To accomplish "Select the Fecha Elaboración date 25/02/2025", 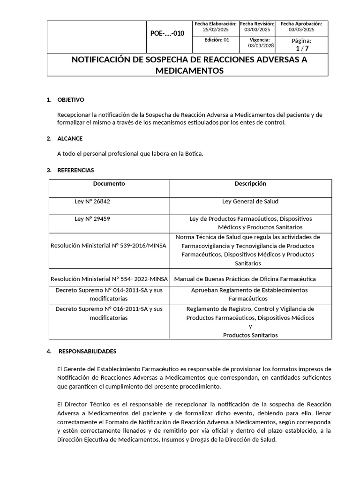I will click(x=215, y=30).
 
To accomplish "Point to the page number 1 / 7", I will click(x=301, y=49).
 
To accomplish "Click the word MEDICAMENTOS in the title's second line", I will click(x=189, y=70).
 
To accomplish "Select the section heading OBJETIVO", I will click(x=70, y=100).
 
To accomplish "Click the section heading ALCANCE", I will click(x=70, y=138).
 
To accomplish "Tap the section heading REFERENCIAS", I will click(x=75, y=170).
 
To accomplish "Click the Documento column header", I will click(x=109, y=184).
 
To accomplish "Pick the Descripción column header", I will click(x=250, y=184).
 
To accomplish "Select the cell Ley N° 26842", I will click(x=92, y=202).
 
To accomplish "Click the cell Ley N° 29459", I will click(x=92, y=219).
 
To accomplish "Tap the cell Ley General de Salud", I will click(x=250, y=202).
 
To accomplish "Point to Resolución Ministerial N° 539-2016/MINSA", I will click(x=109, y=246).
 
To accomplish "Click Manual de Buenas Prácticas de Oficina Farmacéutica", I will click(x=245, y=279).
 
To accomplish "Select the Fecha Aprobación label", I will click(x=301, y=24).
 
